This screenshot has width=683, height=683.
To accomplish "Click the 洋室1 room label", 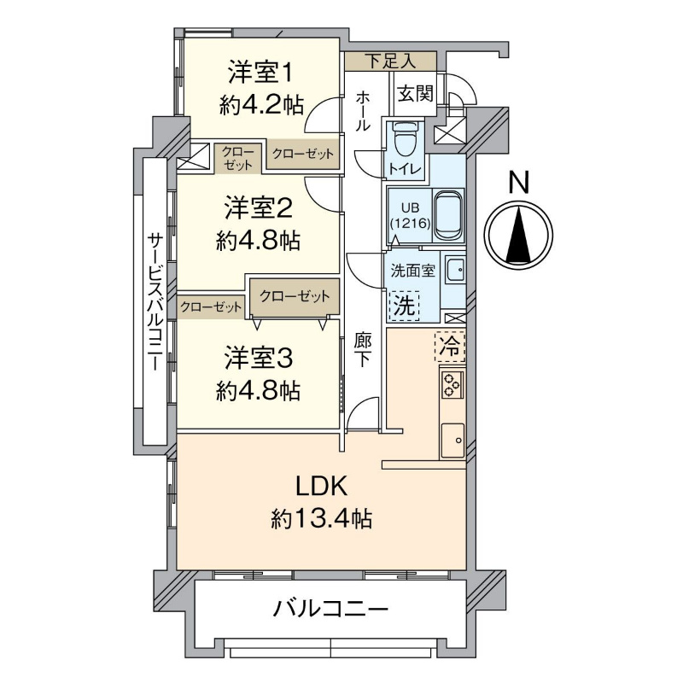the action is coord(260,73).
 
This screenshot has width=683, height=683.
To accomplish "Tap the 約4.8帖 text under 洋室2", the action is coord(259,241).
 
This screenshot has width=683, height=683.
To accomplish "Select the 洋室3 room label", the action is coord(259,358).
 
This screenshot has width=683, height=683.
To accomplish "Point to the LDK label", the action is coord(322,486).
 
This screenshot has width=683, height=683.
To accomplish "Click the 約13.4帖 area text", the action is coord(322,519).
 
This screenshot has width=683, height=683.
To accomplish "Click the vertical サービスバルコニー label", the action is coord(155,301).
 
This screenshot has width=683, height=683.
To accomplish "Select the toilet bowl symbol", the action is coord(405,138).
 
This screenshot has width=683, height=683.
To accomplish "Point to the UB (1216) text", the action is coord(410,217).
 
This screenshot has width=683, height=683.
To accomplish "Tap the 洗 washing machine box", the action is coord(404,306).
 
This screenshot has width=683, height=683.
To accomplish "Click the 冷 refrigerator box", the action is coord(450,347).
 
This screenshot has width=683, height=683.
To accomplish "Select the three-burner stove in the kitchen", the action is coord(452,385).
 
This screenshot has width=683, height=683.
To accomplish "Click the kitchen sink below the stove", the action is coord(453,440).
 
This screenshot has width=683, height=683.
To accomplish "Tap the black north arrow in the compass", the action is coord(519,236).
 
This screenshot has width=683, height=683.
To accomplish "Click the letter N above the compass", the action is coord(519,182).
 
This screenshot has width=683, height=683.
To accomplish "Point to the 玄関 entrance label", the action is coord(416,93).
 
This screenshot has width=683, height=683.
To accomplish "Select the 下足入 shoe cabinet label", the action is coord(390,61).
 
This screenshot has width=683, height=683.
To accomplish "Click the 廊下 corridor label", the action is coord(362,349).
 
